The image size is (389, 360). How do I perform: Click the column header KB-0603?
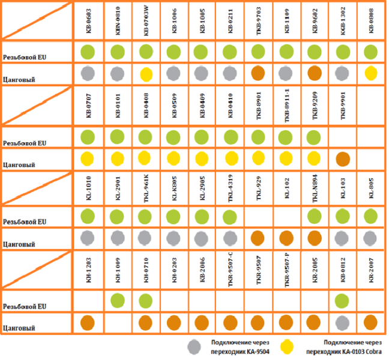coord(88,20)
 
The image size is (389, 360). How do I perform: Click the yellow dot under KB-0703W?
coord(145,74)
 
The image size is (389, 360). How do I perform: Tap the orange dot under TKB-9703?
coord(258,73)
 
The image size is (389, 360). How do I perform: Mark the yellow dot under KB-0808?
coord(371,73)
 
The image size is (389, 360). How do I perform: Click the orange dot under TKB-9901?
coord(343,159)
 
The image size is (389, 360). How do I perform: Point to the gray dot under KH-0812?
coord(343,322)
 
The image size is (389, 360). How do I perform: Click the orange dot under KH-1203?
coord(88,322)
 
